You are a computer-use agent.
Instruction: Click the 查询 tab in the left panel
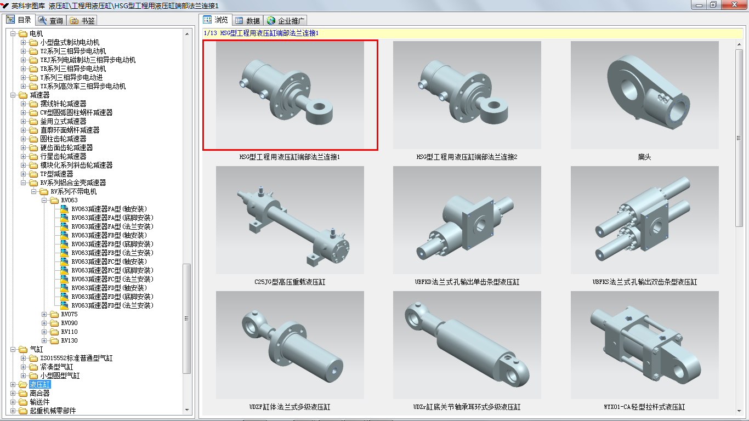coord(51,20)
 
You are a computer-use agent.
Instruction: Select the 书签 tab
coord(82,20)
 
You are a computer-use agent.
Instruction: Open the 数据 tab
coord(247,21)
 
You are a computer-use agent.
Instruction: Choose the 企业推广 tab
coord(286,21)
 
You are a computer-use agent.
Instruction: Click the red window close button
coord(734,5)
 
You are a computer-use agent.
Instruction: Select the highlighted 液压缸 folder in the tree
coord(39,385)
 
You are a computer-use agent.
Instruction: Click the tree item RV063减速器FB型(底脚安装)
coord(112,244)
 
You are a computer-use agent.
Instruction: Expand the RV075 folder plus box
coord(44,314)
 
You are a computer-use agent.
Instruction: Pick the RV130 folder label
coord(69,340)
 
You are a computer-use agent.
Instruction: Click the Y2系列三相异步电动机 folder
coord(73,51)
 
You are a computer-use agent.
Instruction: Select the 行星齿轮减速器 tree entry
coord(63,156)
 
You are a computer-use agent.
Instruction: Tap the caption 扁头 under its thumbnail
coord(644,157)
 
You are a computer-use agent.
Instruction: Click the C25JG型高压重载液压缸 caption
coord(290,282)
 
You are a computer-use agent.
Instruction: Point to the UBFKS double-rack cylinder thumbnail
coord(644,220)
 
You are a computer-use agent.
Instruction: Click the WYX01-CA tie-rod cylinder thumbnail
coord(644,345)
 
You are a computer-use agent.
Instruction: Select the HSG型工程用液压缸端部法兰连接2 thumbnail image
coord(467,95)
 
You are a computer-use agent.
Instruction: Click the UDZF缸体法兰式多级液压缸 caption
coord(290,407)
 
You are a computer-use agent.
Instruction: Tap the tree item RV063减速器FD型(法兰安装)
coord(112,305)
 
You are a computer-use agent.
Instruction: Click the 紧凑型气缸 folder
coord(56,367)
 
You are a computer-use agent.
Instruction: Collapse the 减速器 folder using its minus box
coord(13,95)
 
